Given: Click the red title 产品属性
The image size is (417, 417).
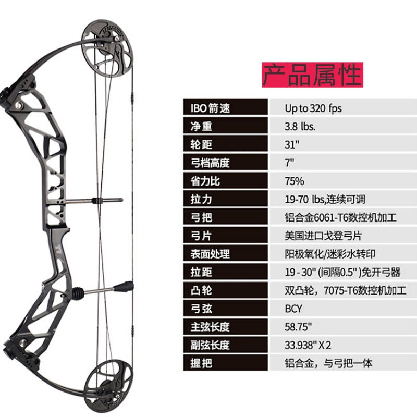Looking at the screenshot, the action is (x=312, y=74).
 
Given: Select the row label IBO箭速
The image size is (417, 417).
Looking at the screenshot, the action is (x=207, y=108).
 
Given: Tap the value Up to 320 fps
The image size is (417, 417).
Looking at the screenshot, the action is (x=313, y=108).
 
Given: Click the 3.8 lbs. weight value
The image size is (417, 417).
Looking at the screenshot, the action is (x=300, y=127).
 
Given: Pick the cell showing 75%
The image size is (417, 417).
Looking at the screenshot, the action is (x=294, y=181).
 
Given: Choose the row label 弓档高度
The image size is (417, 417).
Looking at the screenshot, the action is (x=207, y=163).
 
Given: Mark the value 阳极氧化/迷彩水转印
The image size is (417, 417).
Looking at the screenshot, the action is (x=329, y=254).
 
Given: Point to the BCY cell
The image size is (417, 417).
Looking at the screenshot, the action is (x=293, y=309).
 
